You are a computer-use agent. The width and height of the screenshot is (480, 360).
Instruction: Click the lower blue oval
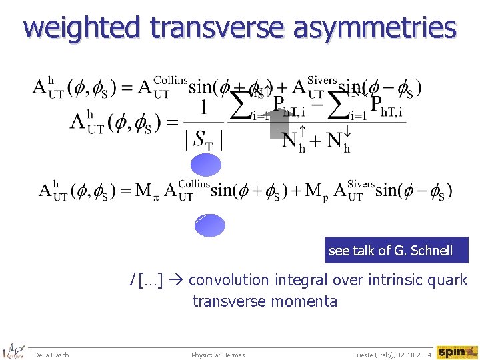[x=210, y=225]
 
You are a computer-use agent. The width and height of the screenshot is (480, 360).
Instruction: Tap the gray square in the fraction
[x=279, y=124]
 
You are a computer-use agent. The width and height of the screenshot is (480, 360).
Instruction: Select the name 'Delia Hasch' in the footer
[x=51, y=355]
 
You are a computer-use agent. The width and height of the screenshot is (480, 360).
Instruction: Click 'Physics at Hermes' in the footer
[x=218, y=355]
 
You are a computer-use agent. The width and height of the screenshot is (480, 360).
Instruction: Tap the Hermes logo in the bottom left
[x=13, y=352]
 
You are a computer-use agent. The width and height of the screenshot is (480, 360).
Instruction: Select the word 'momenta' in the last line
[x=305, y=301]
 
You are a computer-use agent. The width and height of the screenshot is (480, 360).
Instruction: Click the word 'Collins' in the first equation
[x=171, y=81]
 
